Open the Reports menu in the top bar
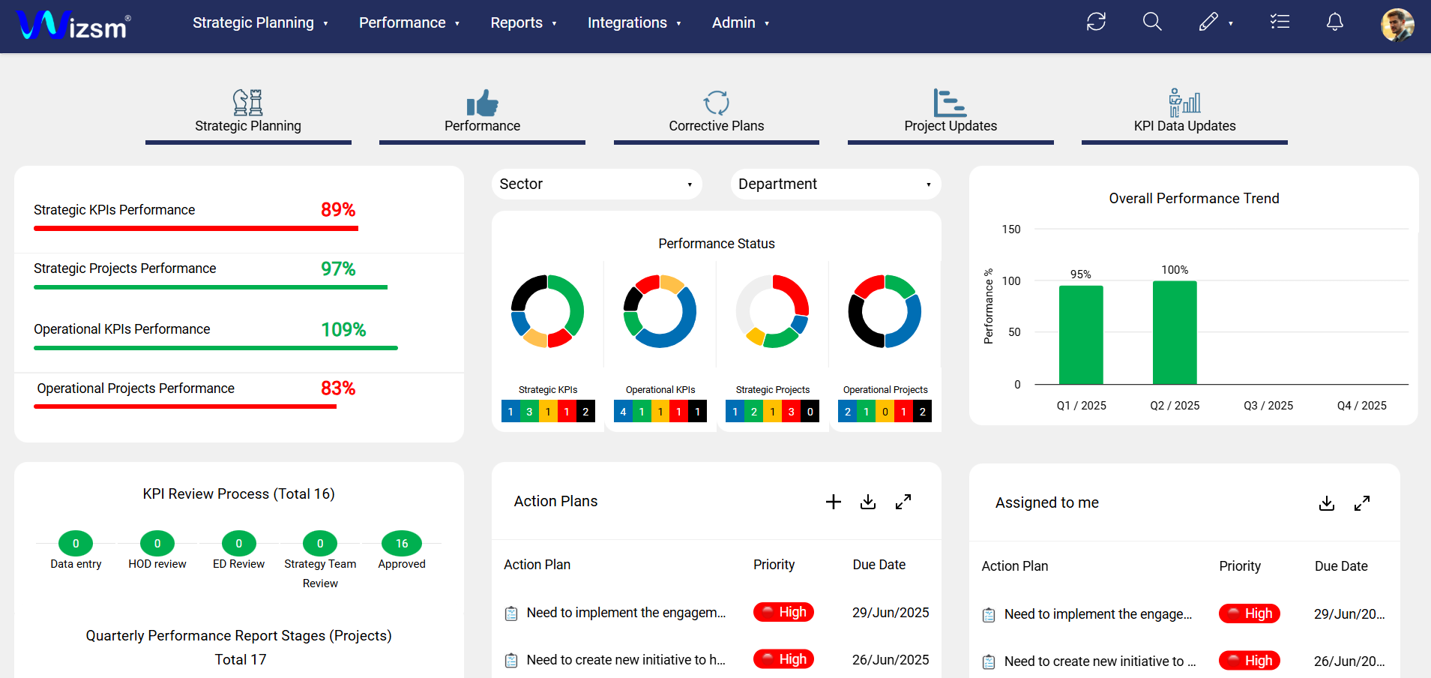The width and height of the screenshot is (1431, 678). (522, 23)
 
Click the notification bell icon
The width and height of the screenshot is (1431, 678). (1334, 22)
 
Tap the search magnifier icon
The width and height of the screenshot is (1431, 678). (1151, 22)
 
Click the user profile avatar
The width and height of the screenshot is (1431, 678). (1397, 24)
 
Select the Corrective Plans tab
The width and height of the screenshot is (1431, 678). (716, 112)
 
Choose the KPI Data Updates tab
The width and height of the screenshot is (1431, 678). (1184, 112)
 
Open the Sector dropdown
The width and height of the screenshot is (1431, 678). (596, 184)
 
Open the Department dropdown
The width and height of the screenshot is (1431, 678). (835, 184)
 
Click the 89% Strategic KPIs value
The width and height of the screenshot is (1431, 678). (338, 210)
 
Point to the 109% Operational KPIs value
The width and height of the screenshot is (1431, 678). (343, 330)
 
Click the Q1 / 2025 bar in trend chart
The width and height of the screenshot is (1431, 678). (1080, 334)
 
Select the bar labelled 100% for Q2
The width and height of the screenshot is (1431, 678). (1174, 332)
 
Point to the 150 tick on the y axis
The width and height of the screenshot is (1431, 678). (1011, 229)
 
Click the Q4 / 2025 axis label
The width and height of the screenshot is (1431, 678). (1361, 406)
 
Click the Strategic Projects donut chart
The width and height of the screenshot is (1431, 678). (772, 311)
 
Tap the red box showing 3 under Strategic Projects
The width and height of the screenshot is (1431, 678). (791, 412)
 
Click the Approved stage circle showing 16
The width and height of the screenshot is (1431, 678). (402, 543)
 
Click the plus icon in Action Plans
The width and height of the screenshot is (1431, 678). (833, 502)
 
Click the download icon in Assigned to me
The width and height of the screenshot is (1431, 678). (1326, 503)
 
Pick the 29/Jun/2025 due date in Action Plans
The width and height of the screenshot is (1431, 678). (890, 613)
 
